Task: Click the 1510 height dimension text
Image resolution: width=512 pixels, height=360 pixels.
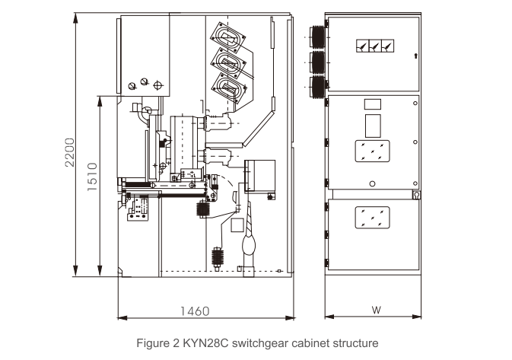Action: [92, 177]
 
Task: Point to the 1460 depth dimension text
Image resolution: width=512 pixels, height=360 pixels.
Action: [194, 311]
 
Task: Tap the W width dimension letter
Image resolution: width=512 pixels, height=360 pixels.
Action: [376, 311]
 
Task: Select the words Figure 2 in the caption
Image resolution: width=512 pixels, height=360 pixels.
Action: [157, 342]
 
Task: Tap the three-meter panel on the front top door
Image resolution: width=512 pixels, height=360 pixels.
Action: [373, 46]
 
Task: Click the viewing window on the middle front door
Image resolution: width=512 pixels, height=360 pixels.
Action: [372, 151]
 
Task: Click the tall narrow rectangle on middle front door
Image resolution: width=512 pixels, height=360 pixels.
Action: [372, 125]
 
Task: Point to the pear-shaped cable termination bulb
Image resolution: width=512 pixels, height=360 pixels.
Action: [250, 245]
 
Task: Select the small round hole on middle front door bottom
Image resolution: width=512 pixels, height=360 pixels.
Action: [372, 183]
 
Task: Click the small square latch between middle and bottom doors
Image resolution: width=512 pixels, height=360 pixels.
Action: [415, 196]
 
